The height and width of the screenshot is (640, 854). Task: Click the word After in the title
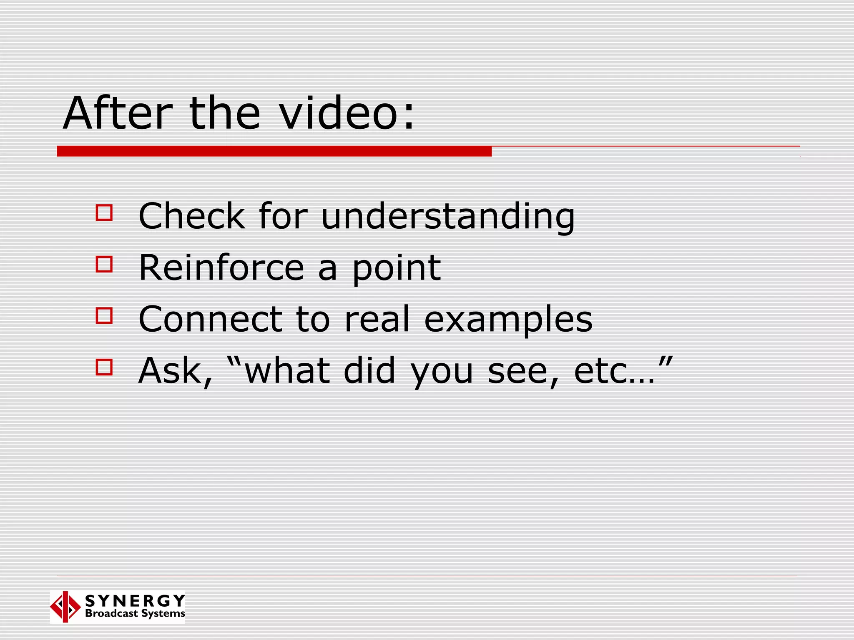117,113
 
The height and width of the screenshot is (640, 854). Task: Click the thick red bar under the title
274,151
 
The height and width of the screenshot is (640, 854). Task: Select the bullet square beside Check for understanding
104,212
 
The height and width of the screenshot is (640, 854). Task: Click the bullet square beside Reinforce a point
104,264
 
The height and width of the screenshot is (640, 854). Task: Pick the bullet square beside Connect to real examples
104,316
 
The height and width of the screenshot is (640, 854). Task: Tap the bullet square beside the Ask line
104,367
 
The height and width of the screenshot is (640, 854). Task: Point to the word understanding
448,217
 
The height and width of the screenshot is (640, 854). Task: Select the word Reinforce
221,267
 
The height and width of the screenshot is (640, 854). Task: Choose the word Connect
210,319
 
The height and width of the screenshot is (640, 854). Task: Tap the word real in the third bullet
377,319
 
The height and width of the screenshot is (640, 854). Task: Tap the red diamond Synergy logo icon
65,607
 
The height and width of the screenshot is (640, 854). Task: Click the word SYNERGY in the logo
135,600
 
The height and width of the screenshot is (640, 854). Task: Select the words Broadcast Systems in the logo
135,613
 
